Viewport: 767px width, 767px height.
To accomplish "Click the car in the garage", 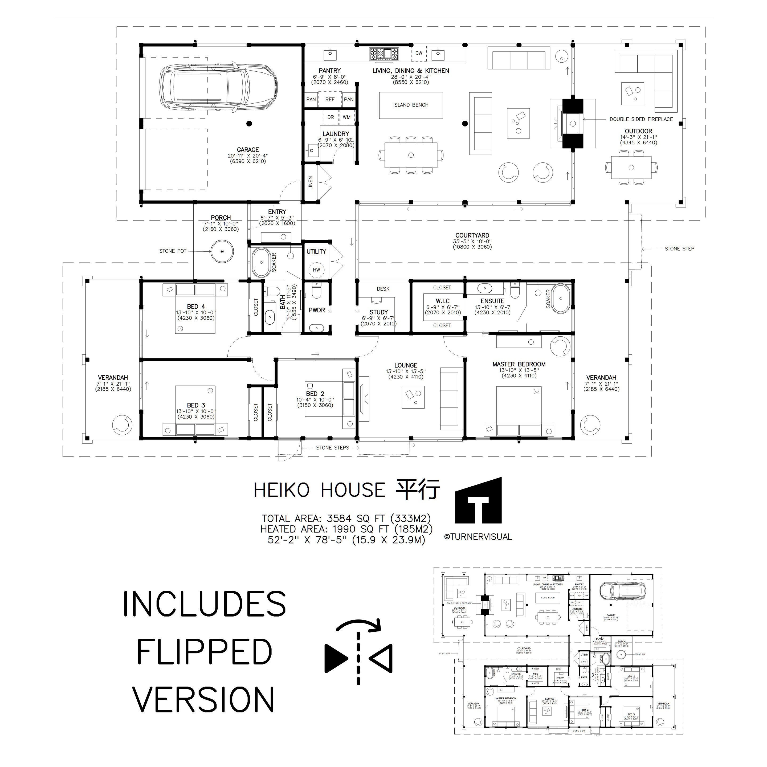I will pyautogui.click(x=218, y=88).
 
